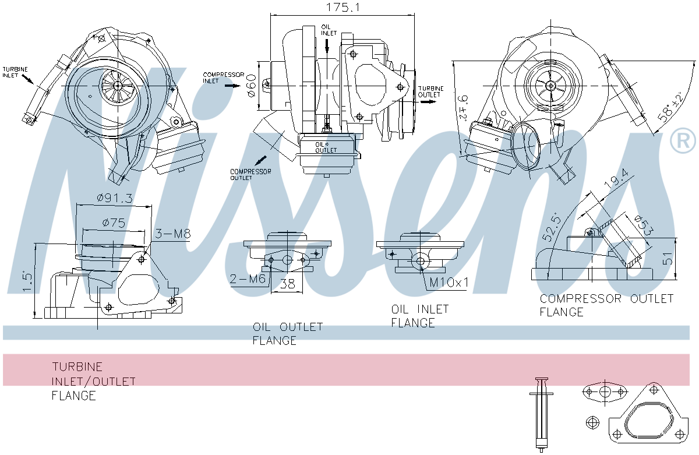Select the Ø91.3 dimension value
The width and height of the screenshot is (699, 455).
[115, 198]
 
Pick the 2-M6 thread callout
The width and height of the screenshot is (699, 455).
[247, 279]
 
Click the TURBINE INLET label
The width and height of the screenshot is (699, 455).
[15, 72]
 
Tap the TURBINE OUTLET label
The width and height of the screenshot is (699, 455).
[430, 91]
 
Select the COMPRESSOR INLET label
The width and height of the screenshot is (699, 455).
[218, 77]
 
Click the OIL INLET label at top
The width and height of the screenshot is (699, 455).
[327, 30]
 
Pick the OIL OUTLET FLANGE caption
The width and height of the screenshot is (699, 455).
[287, 333]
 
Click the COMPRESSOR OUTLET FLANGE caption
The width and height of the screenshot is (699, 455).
[606, 305]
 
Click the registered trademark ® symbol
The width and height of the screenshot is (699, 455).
[683, 141]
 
